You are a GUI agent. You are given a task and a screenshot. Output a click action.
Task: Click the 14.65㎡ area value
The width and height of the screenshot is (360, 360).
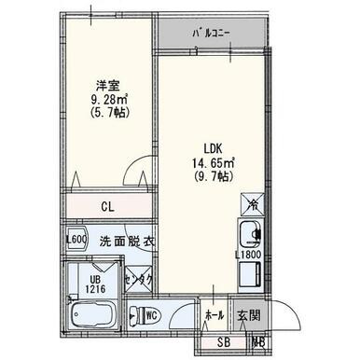(214, 162)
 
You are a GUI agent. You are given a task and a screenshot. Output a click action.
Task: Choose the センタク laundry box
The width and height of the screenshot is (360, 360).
(140, 276)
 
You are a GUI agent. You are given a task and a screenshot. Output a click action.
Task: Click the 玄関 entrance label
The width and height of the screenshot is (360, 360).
(247, 314)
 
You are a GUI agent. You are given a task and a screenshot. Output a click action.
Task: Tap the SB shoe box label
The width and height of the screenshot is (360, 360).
(221, 341)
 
